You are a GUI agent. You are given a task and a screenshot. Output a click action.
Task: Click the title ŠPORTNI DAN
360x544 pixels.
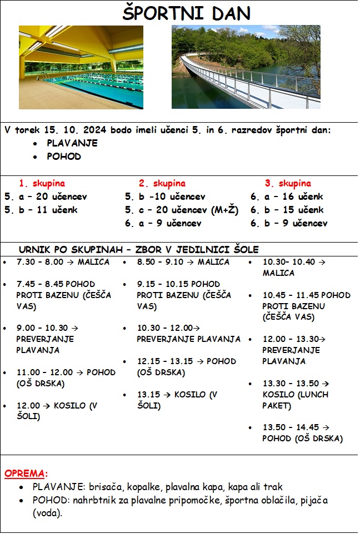tap(186, 13)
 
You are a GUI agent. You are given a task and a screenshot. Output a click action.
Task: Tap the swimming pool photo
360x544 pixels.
tap(81, 67)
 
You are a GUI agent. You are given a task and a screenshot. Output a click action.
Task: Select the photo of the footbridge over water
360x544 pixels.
tap(246, 67)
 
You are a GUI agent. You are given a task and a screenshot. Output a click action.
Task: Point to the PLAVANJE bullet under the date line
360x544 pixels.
tap(72, 143)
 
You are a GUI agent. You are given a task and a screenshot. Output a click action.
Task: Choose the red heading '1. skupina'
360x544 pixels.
tap(42, 183)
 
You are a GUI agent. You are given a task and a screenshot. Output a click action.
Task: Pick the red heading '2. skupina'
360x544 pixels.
tap(162, 183)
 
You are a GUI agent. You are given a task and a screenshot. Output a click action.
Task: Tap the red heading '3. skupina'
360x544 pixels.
tap(287, 183)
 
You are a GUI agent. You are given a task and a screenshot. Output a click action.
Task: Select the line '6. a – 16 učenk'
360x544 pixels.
tap(286, 197)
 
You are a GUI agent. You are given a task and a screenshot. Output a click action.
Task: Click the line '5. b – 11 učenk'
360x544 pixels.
tap(41, 210)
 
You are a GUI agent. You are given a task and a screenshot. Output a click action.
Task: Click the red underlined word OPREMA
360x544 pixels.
tap(24, 474)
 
